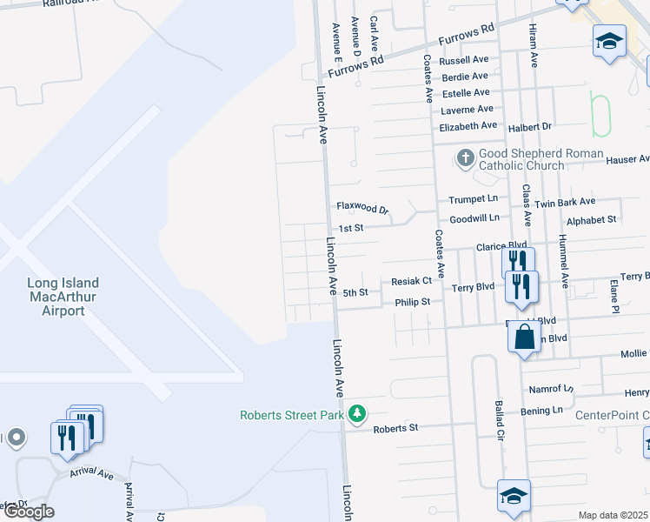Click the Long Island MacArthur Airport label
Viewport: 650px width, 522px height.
[x=63, y=297]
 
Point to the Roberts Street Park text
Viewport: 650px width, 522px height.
[x=292, y=415]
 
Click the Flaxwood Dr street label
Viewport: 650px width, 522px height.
[x=361, y=209]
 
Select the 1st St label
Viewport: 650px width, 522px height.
[x=350, y=228]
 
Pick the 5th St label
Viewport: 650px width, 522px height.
[x=355, y=293]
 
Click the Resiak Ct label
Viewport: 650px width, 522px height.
[x=411, y=281]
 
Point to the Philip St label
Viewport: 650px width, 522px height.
[x=413, y=302]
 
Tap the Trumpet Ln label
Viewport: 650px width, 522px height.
[x=474, y=199]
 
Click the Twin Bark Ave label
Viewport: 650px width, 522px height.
[x=565, y=201]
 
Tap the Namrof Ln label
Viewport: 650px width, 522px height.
[x=552, y=389]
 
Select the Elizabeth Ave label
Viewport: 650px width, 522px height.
[x=469, y=126]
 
